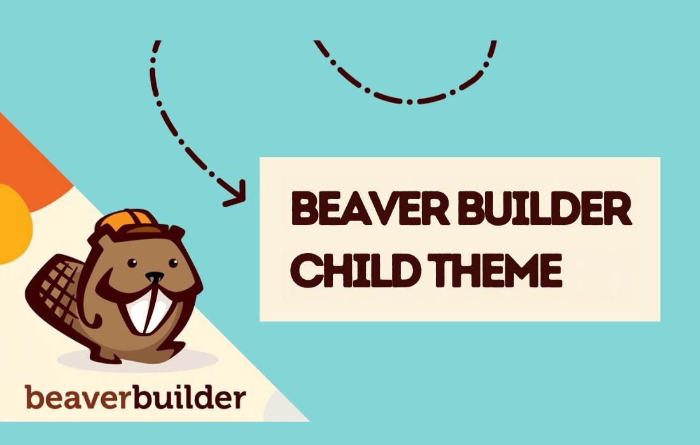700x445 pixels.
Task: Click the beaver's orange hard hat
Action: coord(129,222)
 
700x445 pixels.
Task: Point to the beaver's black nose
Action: coord(155,277)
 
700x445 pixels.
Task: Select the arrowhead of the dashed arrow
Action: coord(235,193)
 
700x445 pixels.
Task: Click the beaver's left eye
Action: coord(132,263)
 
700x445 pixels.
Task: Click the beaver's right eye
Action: coord(173,263)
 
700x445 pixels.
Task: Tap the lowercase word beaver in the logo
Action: coord(78,397)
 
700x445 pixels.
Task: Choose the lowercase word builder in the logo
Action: coord(190,397)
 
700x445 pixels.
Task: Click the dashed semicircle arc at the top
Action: coord(405,90)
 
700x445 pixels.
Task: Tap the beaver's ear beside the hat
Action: coord(175,235)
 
